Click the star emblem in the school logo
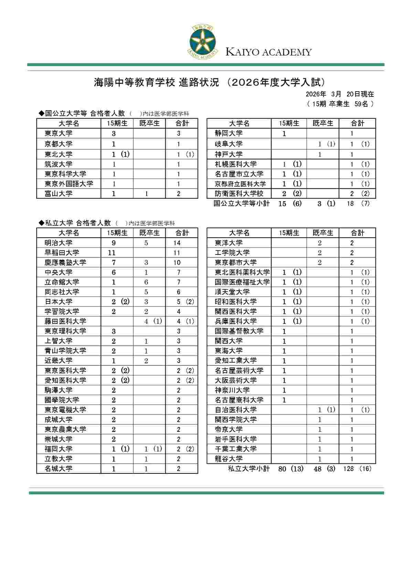click(203, 41)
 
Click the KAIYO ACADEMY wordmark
click(268, 52)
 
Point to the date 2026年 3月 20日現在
click(340, 94)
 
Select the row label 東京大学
click(59, 134)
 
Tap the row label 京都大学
click(59, 144)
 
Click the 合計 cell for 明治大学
click(177, 243)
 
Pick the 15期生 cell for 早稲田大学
click(112, 253)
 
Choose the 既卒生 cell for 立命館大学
click(146, 282)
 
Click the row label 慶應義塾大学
click(65, 262)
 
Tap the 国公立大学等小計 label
click(241, 204)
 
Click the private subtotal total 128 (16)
click(357, 469)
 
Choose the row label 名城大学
click(59, 469)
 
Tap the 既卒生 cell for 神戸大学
click(320, 154)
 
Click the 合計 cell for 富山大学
click(179, 194)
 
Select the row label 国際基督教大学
click(239, 331)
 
